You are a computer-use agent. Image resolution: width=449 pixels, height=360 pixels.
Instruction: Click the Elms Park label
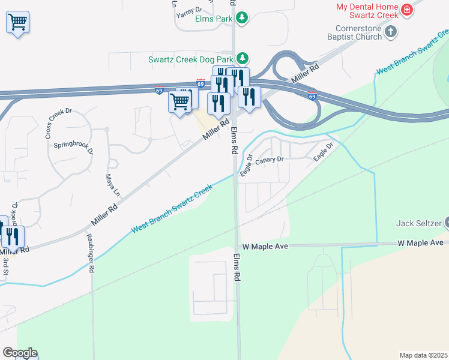[x=214, y=19]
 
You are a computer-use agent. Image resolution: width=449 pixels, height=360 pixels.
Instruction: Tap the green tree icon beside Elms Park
[x=242, y=18]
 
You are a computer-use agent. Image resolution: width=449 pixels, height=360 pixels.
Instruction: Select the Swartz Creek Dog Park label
[x=190, y=59]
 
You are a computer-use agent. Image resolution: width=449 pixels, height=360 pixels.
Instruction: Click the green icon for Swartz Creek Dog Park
[x=242, y=59]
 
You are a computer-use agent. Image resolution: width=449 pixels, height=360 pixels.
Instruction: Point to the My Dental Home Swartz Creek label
[x=367, y=11]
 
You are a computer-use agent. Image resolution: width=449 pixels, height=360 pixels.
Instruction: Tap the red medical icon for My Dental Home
[x=407, y=10]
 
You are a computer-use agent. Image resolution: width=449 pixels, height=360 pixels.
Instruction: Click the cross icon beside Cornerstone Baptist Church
[x=391, y=32]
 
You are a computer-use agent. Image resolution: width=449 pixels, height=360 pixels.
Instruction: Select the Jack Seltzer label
[x=418, y=224]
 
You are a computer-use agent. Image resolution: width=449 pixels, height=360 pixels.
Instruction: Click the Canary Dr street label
[x=268, y=161]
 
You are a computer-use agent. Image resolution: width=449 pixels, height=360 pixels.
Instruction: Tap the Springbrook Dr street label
[x=74, y=148]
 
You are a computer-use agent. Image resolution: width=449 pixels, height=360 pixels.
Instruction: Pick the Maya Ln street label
[x=109, y=186]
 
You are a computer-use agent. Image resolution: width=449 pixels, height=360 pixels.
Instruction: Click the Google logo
[x=19, y=353]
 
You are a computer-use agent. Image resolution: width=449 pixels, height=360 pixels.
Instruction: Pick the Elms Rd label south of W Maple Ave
[x=238, y=267]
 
